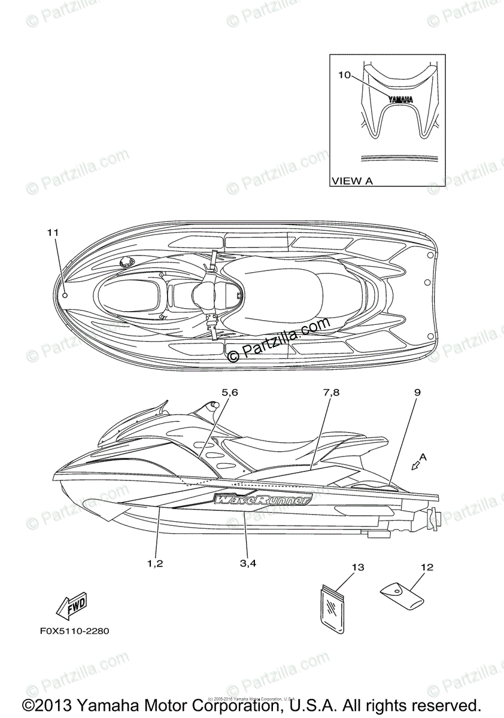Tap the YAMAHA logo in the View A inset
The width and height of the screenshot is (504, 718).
pyautogui.click(x=399, y=100)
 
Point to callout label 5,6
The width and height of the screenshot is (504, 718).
pyautogui.click(x=230, y=393)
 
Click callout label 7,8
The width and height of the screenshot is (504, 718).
pyautogui.click(x=331, y=393)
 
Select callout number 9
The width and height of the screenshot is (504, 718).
pyautogui.click(x=417, y=393)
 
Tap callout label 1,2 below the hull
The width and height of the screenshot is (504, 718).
pyautogui.click(x=155, y=562)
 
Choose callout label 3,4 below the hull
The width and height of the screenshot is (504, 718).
pyautogui.click(x=248, y=562)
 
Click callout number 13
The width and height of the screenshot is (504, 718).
pyautogui.click(x=358, y=567)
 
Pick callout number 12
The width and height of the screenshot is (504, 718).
pyautogui.click(x=427, y=567)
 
